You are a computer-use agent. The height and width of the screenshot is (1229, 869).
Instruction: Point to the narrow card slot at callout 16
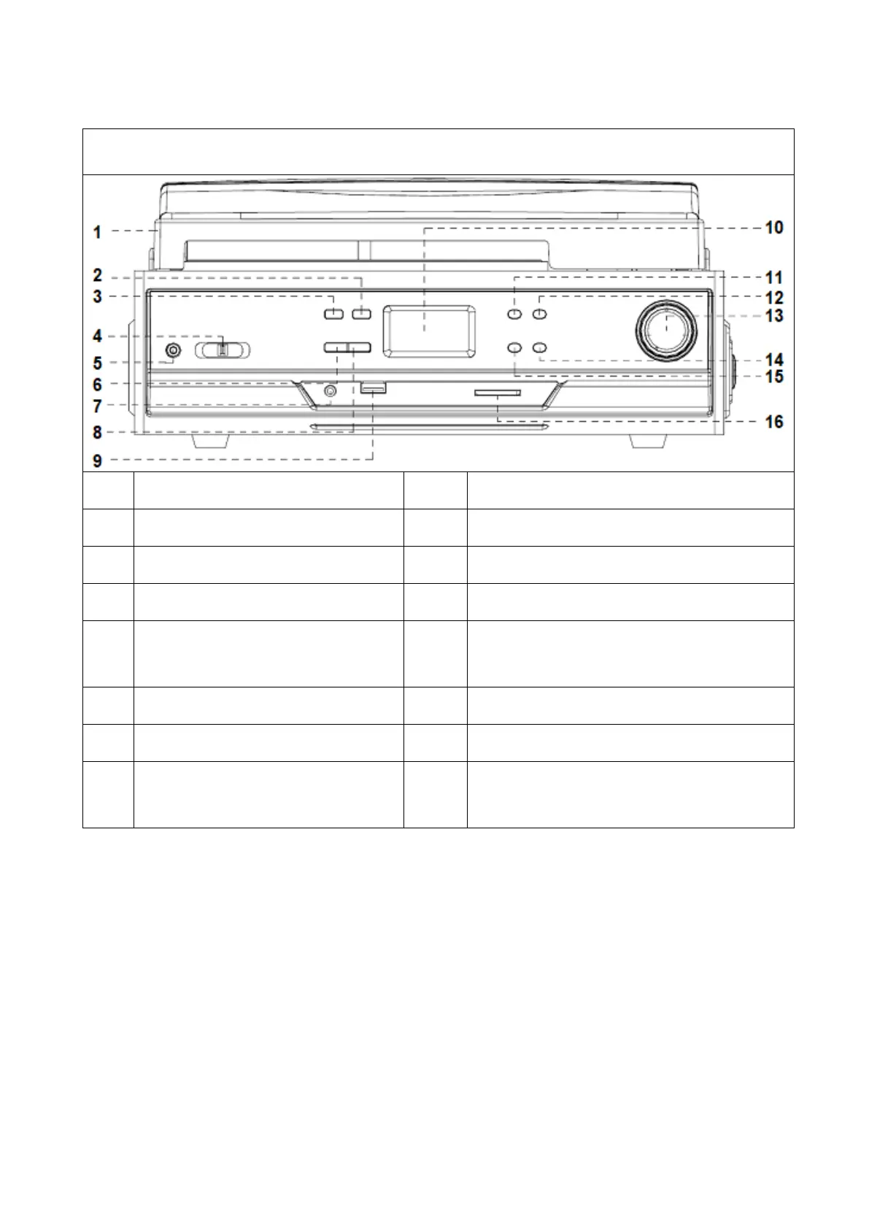click(x=497, y=393)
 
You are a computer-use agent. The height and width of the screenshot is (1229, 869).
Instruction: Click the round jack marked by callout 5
click(x=172, y=351)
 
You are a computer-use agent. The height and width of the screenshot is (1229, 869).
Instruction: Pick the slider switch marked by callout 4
click(x=223, y=350)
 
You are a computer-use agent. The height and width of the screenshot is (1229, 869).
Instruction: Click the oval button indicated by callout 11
click(x=514, y=314)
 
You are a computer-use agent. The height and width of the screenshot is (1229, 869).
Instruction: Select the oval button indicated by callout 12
click(x=539, y=314)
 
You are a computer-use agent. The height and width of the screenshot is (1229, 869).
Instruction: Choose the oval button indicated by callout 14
click(x=539, y=348)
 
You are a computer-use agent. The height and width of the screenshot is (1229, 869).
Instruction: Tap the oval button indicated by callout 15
click(x=514, y=348)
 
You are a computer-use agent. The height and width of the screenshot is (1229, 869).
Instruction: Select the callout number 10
click(x=773, y=228)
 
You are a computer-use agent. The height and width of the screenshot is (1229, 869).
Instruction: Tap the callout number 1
click(x=97, y=233)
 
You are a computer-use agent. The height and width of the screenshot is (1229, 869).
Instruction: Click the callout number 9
click(x=97, y=460)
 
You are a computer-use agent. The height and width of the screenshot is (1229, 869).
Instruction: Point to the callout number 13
click(x=773, y=316)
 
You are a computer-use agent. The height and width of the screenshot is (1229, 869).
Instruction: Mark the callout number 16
click(x=773, y=422)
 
